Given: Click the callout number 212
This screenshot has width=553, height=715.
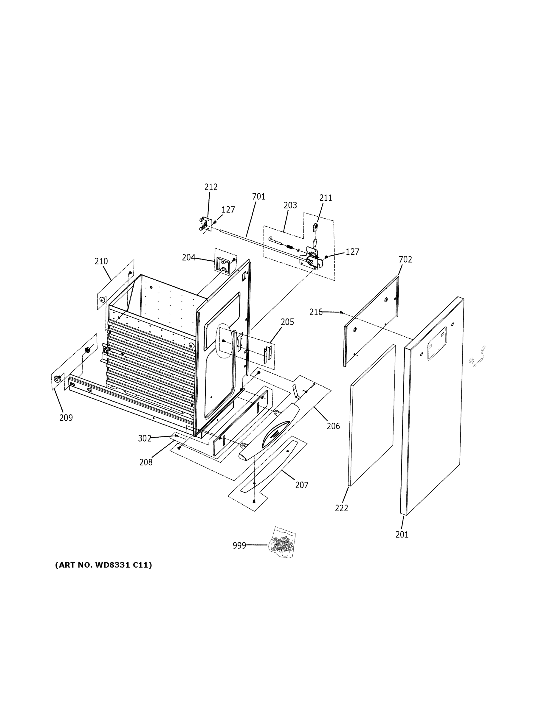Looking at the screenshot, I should (211, 187).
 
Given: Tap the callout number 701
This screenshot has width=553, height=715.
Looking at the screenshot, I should (258, 197).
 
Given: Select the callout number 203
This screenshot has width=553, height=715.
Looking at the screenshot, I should (290, 205).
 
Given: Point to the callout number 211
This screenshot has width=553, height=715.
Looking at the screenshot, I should (326, 198).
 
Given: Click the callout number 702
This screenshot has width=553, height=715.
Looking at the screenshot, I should (405, 259).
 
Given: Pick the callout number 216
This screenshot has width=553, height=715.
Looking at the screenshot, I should (316, 312).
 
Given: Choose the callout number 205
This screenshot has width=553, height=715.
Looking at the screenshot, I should (287, 322).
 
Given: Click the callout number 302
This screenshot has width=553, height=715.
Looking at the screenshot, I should (145, 438).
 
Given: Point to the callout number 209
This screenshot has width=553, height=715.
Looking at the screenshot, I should (66, 418).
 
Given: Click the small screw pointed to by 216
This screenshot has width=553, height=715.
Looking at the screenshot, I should (341, 312).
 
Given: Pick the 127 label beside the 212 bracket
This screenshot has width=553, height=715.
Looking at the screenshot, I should (228, 210).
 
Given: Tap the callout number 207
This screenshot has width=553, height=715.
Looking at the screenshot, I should (302, 485).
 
